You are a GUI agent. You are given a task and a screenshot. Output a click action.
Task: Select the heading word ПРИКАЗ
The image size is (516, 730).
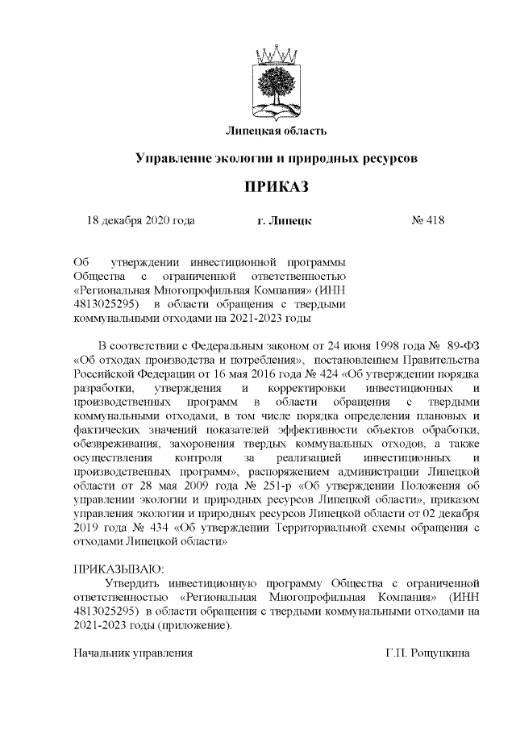pos(277,188)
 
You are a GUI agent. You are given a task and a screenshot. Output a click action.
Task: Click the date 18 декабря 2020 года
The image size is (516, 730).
pos(140,219)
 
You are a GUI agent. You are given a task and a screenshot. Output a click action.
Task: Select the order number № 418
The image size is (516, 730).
pos(428,219)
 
